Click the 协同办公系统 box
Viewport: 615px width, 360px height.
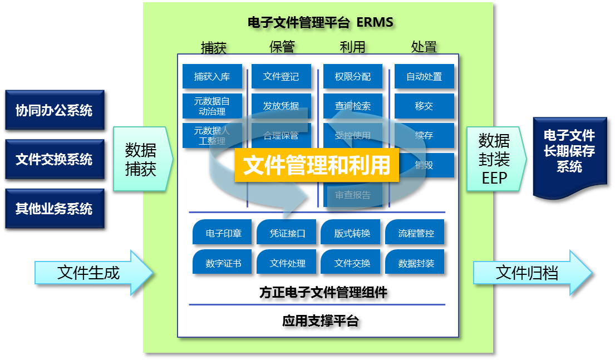[x=53, y=110]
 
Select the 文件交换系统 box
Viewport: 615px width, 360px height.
[x=53, y=160]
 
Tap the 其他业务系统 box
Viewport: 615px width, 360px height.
[x=53, y=209]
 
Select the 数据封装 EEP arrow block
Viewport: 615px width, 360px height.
[x=495, y=159]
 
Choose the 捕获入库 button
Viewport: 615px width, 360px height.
[x=212, y=77]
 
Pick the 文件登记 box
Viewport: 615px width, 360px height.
[x=281, y=77]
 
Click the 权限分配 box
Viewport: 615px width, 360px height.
[x=353, y=77]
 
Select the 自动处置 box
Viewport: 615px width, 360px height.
[x=424, y=77]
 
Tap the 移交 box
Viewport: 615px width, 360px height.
[x=424, y=106]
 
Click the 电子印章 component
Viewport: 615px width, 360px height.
[x=223, y=233]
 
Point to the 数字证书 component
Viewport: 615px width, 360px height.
[x=223, y=263]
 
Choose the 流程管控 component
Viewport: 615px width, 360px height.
[x=415, y=233]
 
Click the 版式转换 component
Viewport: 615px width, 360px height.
[x=352, y=233]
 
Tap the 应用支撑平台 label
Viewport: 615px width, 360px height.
[x=320, y=321]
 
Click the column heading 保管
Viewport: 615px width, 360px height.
[x=281, y=47]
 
